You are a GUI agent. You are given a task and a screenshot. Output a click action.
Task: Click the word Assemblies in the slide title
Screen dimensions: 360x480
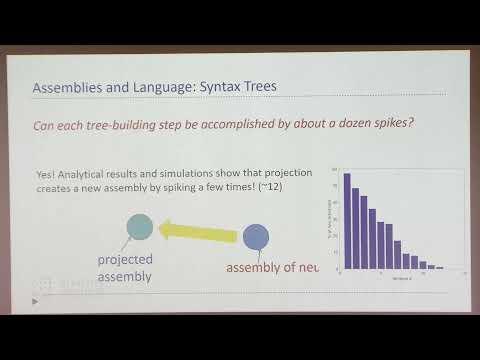[69, 88]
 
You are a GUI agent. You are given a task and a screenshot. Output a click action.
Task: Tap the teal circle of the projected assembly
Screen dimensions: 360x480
[139, 227]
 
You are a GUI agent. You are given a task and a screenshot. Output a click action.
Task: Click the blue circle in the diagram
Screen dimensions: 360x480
[256, 237]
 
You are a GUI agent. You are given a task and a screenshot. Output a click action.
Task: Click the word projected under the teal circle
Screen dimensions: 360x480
[126, 259]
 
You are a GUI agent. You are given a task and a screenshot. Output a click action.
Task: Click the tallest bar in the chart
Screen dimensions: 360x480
[347, 221]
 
